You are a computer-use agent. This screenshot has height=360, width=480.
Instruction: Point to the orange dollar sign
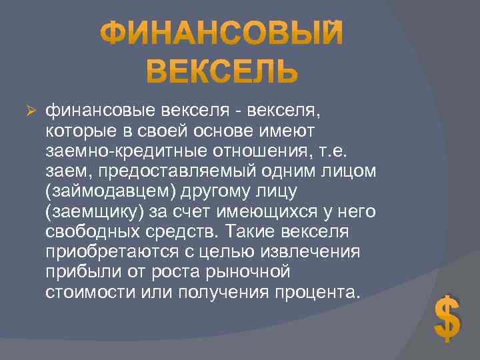tap(447, 318)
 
